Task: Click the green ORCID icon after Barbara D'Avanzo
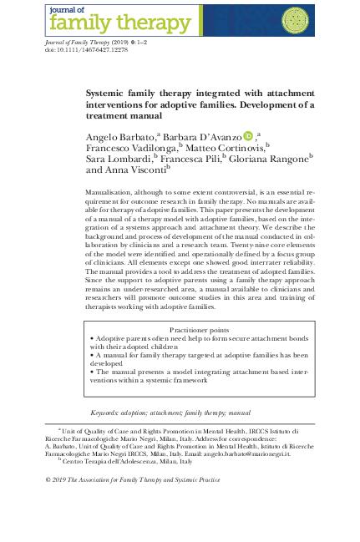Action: click(x=248, y=135)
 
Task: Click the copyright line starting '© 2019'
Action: click(x=132, y=480)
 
